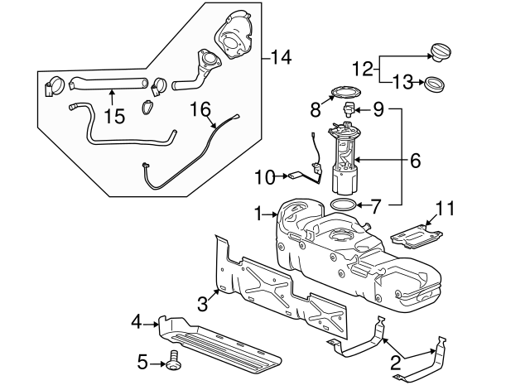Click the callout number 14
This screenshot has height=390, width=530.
pos(282,58)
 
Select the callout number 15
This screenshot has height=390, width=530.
pos(114,117)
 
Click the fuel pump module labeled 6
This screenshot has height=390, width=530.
pos(346,157)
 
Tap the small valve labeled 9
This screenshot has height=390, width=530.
pos(350,109)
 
